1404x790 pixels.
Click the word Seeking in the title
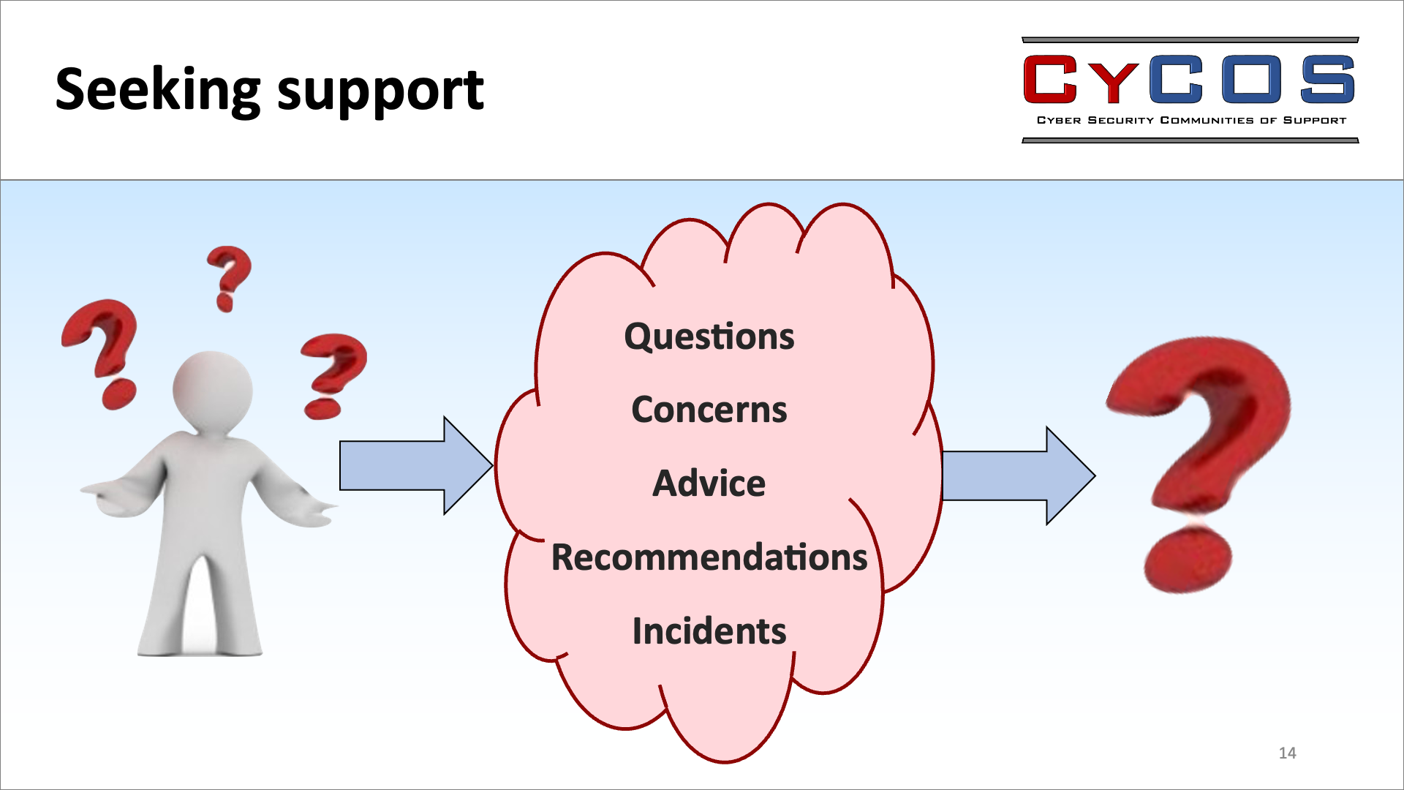[158, 90]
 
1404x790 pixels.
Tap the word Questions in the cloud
[709, 337]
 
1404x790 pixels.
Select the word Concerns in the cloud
[709, 410]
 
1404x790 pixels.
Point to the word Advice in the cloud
[709, 483]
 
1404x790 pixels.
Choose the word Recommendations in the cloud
[709, 557]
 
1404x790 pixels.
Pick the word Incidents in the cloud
[709, 631]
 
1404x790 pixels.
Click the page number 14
[1287, 753]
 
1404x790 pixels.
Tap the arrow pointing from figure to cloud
[416, 465]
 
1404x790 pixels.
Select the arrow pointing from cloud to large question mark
[1019, 475]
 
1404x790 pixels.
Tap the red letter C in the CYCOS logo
[1051, 79]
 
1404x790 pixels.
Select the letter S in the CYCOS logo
[1327, 79]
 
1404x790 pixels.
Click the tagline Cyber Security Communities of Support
[1191, 120]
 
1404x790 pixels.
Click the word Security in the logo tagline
[1120, 120]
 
